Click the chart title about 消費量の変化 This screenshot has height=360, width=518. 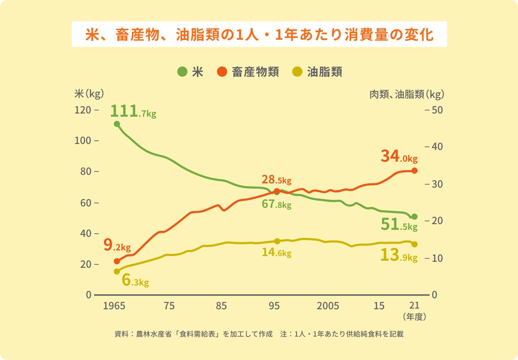(x=259, y=34)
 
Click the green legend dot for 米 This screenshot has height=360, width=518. (x=182, y=72)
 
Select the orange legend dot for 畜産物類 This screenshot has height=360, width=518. (x=222, y=72)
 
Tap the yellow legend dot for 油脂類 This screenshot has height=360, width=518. (x=297, y=72)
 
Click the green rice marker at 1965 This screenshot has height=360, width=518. (x=117, y=124)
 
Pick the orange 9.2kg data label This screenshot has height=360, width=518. (x=117, y=245)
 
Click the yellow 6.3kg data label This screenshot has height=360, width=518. (x=135, y=280)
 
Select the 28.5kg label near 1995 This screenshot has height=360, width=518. (x=276, y=180)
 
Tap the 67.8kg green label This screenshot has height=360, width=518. (x=276, y=204)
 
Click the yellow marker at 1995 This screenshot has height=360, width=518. (x=277, y=241)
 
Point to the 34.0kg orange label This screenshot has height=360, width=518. (x=399, y=156)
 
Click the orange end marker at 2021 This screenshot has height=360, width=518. (x=414, y=171)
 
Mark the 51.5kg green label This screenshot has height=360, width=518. (x=399, y=225)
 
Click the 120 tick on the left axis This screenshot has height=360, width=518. (x=83, y=110)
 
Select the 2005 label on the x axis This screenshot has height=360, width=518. (x=328, y=306)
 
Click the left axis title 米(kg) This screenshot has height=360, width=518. (x=89, y=94)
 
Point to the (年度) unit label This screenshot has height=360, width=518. (x=414, y=317)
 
